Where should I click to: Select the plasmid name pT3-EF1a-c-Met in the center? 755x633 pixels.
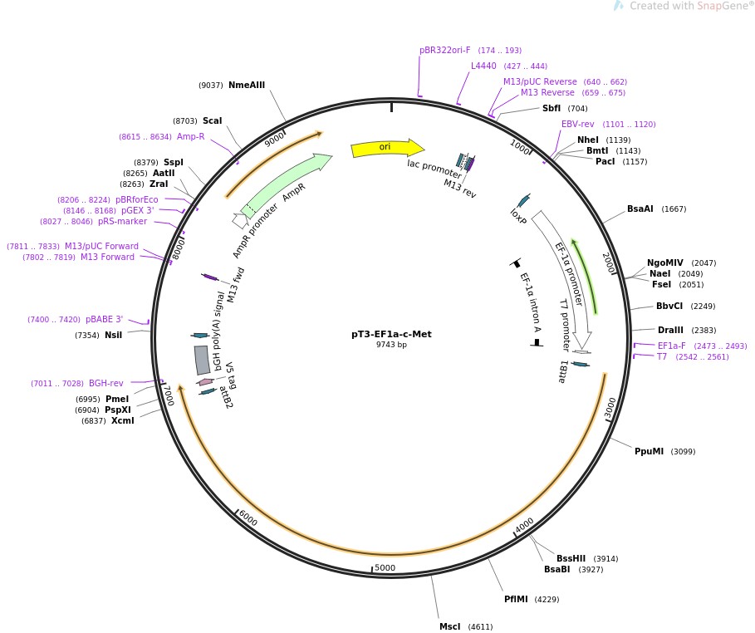point(391,335)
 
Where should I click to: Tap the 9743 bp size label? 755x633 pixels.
point(391,345)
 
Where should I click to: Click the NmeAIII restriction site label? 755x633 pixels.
point(247,85)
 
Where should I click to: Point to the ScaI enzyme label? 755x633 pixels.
point(212,120)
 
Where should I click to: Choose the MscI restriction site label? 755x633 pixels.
point(449,626)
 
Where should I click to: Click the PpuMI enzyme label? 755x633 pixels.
point(649,451)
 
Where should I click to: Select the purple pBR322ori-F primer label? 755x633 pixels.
point(444,50)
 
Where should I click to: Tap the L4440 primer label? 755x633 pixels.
point(483,66)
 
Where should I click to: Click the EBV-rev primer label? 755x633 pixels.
point(577,124)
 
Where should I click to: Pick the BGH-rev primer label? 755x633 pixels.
point(106,383)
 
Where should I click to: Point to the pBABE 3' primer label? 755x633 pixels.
point(104,319)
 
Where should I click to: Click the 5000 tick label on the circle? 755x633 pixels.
point(385,568)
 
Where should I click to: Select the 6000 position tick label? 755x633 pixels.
point(248,518)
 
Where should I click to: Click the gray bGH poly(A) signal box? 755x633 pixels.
point(202,360)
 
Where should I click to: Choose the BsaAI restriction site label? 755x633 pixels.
point(640,209)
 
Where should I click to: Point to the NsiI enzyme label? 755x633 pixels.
point(113,335)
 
